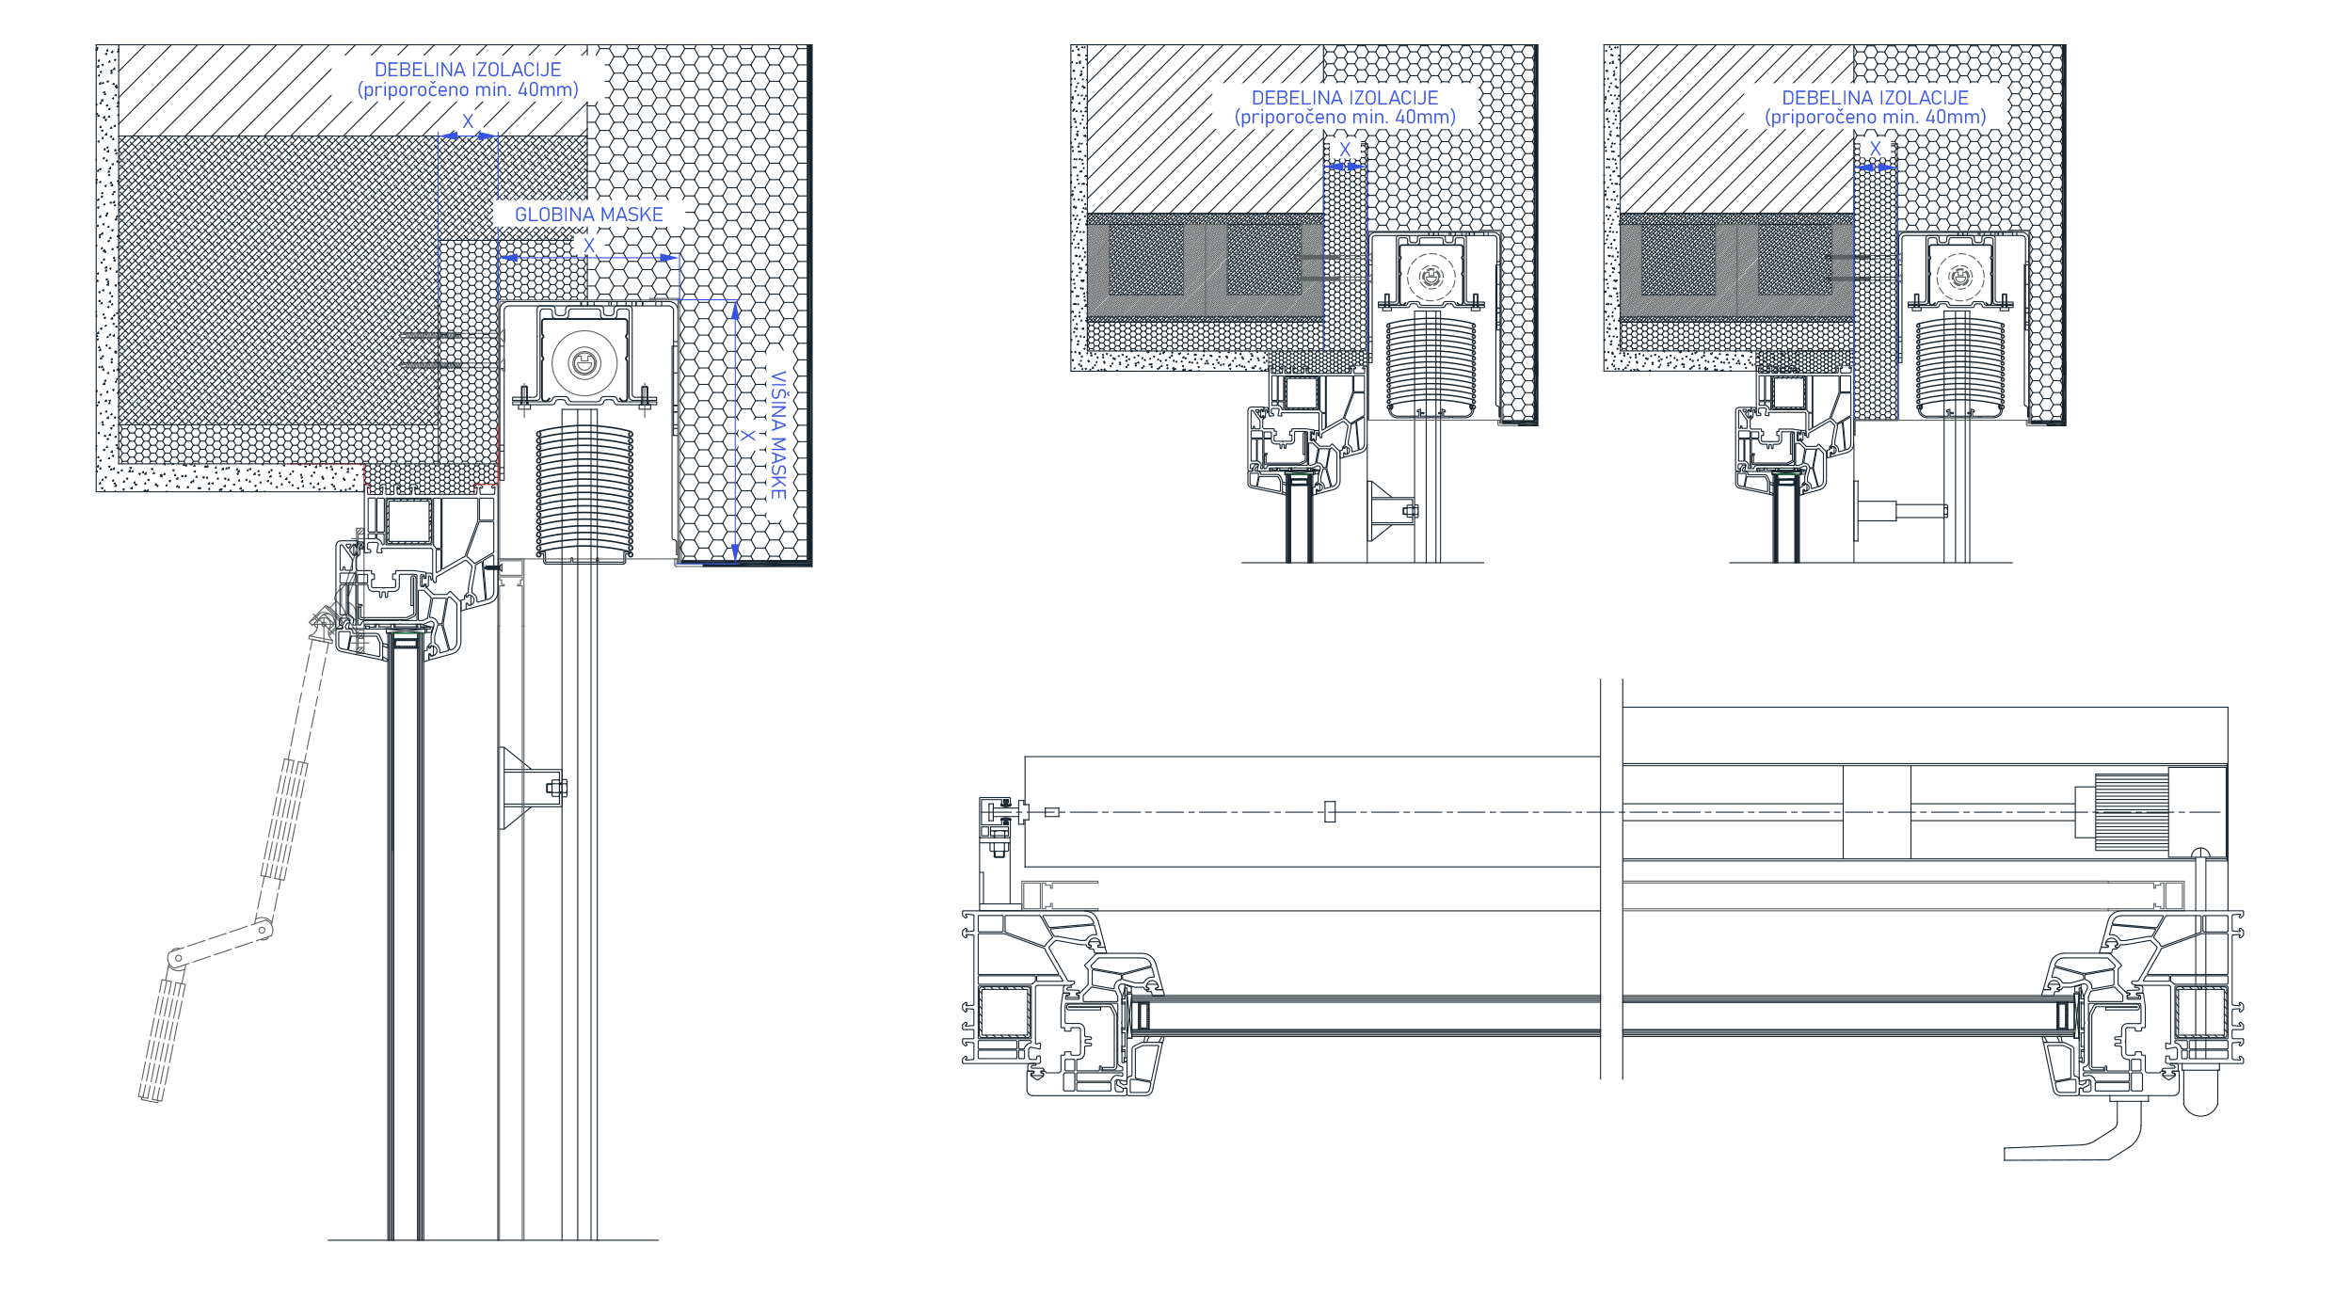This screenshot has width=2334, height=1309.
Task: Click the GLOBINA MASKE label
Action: tap(589, 215)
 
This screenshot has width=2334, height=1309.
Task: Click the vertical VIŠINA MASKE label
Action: tap(778, 435)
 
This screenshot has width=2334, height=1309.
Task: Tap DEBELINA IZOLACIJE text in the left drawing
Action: tap(468, 70)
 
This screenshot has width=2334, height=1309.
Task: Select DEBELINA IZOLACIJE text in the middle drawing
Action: tap(1345, 98)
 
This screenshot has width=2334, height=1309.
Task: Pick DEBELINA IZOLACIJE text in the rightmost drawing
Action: tap(1875, 98)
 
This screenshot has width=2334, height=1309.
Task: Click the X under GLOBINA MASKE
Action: tap(589, 246)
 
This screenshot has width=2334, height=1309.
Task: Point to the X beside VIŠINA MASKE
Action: tap(747, 436)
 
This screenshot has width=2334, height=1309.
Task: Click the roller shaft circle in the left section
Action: tap(584, 361)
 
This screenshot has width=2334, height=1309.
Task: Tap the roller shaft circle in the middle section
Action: tap(1431, 277)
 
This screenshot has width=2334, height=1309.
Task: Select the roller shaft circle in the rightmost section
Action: tap(1960, 277)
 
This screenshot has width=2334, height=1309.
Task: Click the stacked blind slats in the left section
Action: tap(584, 495)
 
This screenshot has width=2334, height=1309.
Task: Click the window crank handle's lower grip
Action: tap(160, 1040)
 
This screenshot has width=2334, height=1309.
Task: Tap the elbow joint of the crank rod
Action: tap(262, 932)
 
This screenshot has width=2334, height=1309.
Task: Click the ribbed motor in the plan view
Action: tap(2132, 811)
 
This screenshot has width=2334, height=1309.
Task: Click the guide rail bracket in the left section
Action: tap(533, 789)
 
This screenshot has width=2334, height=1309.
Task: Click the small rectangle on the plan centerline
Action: tap(1330, 811)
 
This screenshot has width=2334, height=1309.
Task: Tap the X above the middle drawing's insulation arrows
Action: tap(1345, 150)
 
